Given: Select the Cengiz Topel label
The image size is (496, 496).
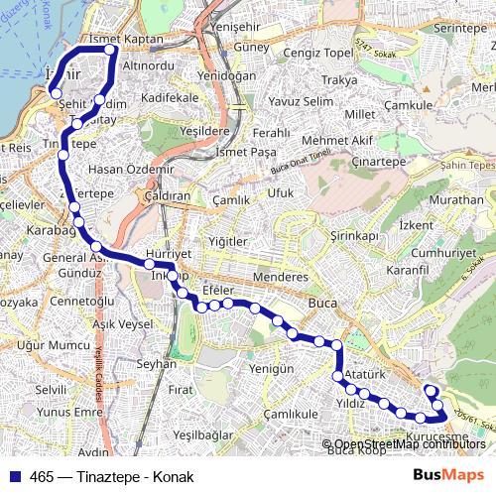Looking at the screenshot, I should coord(317,53).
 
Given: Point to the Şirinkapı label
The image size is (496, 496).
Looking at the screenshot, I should coord(355,236).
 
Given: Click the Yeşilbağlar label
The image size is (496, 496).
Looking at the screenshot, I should coord(202,434).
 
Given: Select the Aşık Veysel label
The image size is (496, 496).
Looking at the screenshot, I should coord(122,324).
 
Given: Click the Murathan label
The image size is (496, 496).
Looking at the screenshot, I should coord(455,199).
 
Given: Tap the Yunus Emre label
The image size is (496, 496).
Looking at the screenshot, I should coord(68,412).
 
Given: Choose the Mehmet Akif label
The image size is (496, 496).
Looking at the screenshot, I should coord(337,141).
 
